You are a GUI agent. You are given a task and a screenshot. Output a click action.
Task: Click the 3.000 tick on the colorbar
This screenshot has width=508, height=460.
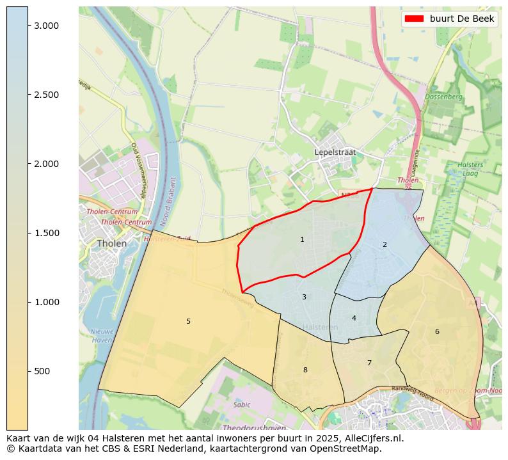click(46, 26)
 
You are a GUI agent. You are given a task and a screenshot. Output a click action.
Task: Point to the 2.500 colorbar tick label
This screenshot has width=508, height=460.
click(46, 95)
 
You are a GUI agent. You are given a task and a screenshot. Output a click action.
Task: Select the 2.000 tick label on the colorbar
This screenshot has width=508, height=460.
click(46, 164)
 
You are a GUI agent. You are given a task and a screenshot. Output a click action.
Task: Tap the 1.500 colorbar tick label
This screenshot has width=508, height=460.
click(46, 233)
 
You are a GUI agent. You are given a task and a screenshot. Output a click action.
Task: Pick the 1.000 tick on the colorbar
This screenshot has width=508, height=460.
click(46, 302)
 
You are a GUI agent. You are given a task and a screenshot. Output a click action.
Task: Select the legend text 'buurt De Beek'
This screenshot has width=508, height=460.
click(461, 19)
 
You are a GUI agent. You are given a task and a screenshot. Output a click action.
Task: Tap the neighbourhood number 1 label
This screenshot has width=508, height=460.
click(302, 239)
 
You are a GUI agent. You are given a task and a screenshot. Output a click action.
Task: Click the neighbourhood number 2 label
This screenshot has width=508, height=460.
click(385, 244)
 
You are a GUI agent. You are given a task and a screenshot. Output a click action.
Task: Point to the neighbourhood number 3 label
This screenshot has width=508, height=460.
click(304, 297)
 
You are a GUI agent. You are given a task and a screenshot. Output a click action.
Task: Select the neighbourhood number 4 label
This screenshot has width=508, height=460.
click(354, 318)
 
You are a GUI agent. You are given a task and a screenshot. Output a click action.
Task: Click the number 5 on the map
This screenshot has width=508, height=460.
click(188, 321)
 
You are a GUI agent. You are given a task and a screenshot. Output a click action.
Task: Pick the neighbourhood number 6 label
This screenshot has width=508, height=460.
click(437, 331)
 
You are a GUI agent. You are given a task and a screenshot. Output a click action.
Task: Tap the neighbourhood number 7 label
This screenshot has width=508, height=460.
click(369, 363)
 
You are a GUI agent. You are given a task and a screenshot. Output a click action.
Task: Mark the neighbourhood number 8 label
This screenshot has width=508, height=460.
click(305, 370)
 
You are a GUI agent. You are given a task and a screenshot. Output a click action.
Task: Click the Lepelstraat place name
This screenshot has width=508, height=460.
click(335, 152)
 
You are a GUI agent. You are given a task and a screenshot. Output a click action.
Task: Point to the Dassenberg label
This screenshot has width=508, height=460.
click(443, 97)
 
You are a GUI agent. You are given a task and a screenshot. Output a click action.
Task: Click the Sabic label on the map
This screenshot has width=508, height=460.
click(242, 404)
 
